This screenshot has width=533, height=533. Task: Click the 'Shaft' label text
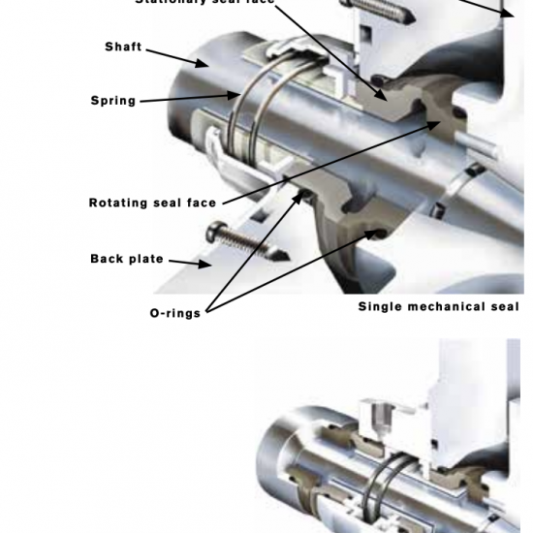pos(122,47)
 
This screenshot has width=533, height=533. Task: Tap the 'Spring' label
pos(113,101)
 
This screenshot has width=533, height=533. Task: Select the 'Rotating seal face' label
pos(152,204)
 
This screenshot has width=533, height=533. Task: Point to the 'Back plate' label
pos(127,259)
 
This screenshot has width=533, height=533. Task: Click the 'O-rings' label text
pos(174,313)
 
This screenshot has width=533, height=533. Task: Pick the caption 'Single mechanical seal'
pos(438,307)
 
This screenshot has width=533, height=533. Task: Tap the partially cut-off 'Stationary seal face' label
pos(204,3)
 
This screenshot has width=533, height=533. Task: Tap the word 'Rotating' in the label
pos(120,204)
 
